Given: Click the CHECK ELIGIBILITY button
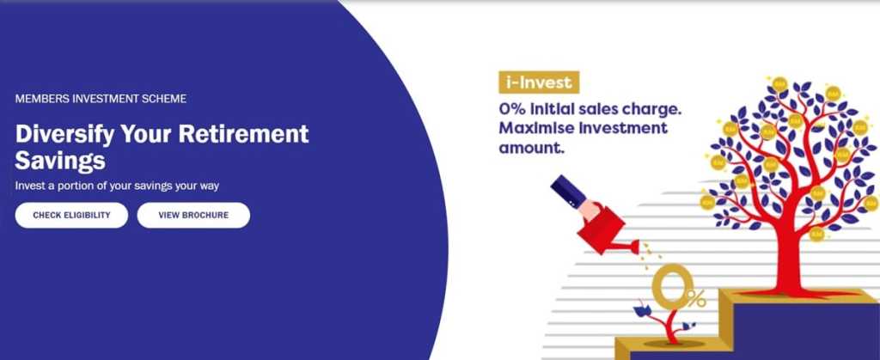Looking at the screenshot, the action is click(71, 216).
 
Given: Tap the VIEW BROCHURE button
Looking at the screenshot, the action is click(193, 216).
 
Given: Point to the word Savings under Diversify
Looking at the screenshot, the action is click(60, 161).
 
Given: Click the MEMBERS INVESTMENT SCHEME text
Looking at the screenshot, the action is click(101, 99).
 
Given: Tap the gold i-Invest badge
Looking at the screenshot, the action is click(539, 82).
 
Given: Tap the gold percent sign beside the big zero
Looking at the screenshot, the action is click(696, 298).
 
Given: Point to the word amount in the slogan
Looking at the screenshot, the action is click(529, 149).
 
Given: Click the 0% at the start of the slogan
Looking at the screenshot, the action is click(511, 109).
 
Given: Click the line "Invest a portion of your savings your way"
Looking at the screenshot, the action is click(117, 186).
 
